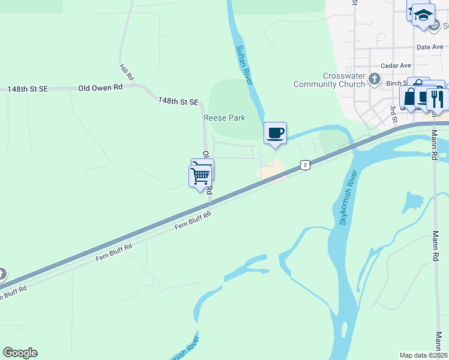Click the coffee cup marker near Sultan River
pyautogui.click(x=275, y=133)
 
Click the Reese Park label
pyautogui.click(x=225, y=118)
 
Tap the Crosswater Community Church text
pyautogui.click(x=329, y=80)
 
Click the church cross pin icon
pyautogui.click(x=375, y=78)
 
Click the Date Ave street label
pyautogui.click(x=429, y=47)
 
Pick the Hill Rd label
pyautogui.click(x=126, y=73)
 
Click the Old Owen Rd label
pyautogui.click(x=100, y=88)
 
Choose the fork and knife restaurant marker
pyautogui.click(x=436, y=98)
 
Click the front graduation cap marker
pyautogui.click(x=424, y=15)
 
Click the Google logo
pyautogui.click(x=20, y=353)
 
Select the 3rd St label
pyautogui.click(x=394, y=116)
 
